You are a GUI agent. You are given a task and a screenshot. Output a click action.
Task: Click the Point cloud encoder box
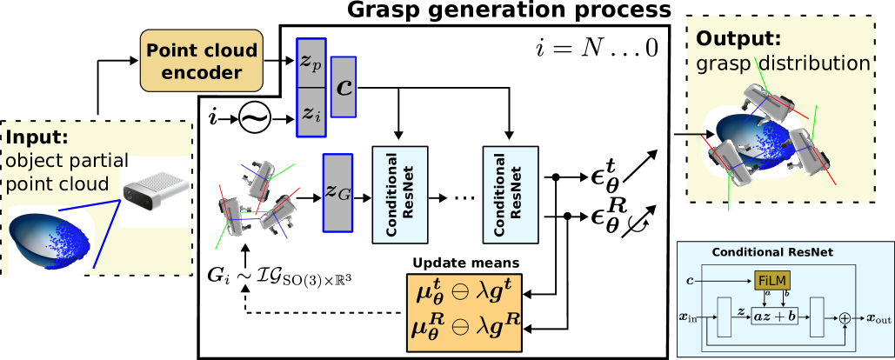pyautogui.click(x=202, y=61)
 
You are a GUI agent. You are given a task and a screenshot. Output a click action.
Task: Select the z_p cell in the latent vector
pyautogui.click(x=311, y=63)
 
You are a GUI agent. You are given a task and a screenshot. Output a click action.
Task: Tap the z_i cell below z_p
pyautogui.click(x=311, y=112)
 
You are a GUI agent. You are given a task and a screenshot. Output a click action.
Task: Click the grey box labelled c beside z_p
pyautogui.click(x=344, y=87)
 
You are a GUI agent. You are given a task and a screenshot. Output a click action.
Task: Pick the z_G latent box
pyautogui.click(x=337, y=193)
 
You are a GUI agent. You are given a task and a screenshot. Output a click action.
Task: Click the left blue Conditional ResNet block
pyautogui.click(x=400, y=195)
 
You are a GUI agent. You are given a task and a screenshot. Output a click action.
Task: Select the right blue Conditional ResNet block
pyautogui.click(x=511, y=195)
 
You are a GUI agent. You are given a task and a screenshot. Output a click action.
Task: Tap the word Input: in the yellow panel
pyautogui.click(x=37, y=138)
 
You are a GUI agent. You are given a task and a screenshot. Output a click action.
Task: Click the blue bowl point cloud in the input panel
pyautogui.click(x=48, y=240)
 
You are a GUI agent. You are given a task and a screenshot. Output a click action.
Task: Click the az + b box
pyautogui.click(x=774, y=317)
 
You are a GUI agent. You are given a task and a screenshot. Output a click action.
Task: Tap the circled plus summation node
pyautogui.click(x=843, y=319)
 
